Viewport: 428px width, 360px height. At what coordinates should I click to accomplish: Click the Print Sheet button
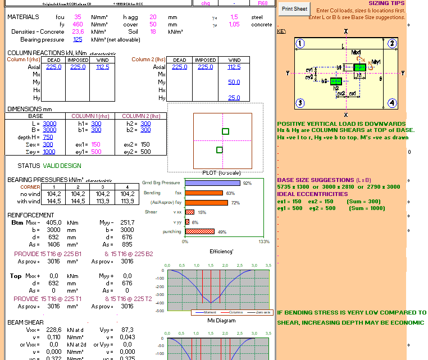coord(294,9)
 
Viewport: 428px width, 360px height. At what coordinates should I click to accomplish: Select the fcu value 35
coord(78,17)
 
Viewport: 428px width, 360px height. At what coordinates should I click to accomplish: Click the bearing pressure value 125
coord(78,39)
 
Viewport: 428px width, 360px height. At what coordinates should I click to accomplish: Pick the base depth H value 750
coord(48,137)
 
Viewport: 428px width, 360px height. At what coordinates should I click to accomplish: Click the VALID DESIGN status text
coord(62,166)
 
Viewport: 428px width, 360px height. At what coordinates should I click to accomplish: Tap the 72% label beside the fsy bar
coord(235,203)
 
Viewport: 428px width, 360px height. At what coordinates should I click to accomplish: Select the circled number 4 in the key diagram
coord(393,103)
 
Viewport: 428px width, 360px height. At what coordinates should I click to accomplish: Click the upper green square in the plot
coord(225,131)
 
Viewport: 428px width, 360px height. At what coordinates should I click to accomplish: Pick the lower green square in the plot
coord(219,149)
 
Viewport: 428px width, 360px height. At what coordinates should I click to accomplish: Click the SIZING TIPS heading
coord(386,3)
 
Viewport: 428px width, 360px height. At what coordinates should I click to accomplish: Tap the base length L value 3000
coord(49,124)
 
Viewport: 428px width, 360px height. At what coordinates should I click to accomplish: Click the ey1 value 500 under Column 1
coord(96,152)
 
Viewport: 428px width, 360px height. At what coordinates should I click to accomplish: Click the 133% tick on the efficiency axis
coord(263,241)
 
